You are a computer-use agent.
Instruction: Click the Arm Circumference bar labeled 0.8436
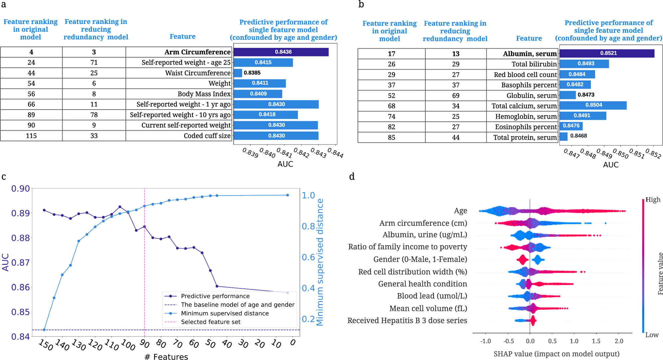point(281,52)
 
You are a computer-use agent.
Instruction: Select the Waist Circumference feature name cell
point(198,73)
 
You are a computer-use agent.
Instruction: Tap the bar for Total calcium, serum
point(593,105)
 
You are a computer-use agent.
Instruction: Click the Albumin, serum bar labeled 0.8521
point(606,53)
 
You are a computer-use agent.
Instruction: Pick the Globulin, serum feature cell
point(531,96)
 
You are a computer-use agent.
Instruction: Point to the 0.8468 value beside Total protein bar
point(578,136)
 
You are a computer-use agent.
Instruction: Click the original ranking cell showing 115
point(31,136)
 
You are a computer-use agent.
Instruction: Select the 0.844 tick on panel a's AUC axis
point(335,153)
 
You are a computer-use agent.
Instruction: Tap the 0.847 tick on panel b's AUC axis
point(571,153)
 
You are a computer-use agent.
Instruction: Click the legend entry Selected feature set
point(210,322)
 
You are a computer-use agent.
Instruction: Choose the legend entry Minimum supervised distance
point(225,313)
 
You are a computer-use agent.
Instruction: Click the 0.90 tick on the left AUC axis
point(21,189)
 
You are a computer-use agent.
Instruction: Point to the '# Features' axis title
point(166,357)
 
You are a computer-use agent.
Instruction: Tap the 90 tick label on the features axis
point(144,343)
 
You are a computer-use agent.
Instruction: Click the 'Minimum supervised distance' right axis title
point(320,262)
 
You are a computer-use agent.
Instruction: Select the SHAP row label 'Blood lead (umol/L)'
point(432,296)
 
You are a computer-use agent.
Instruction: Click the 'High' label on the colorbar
point(653,200)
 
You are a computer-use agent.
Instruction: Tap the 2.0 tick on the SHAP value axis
point(619,341)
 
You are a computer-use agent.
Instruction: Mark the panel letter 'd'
point(352,177)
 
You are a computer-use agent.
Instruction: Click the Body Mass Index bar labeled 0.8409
point(258,94)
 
